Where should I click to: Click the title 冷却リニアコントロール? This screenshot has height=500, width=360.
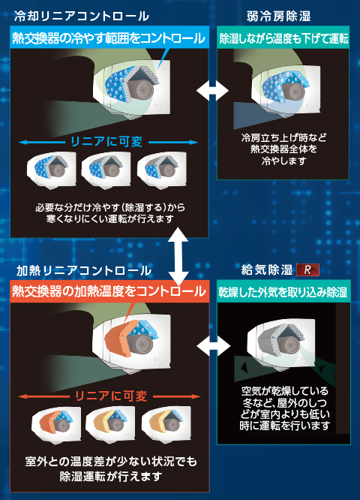coord(82,16)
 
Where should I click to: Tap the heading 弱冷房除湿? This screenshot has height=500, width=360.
coord(278,16)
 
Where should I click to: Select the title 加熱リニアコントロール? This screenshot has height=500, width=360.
coord(84,270)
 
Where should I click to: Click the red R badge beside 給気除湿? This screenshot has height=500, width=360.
coord(307,270)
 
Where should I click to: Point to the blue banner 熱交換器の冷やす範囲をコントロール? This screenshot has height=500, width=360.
coord(109,38)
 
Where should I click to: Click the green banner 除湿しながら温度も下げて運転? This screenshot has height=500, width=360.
coord(283,38)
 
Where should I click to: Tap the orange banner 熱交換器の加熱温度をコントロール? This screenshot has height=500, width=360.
coord(109,291)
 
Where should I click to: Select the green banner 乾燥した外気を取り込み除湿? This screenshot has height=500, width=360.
coord(283,291)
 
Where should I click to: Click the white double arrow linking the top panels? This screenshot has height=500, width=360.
coord(212,91)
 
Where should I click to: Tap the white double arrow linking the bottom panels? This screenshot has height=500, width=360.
coord(214,345)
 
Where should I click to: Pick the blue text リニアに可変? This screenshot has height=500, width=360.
coord(106,142)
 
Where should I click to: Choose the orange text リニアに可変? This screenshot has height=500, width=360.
coord(110,396)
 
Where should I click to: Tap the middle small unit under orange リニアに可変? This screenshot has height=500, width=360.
coord(110,423)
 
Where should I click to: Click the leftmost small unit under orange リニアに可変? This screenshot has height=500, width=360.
coord(56,423)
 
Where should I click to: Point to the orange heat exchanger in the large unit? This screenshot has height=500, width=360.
coord(118,339)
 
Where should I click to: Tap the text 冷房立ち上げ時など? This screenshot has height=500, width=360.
coord(283,137)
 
